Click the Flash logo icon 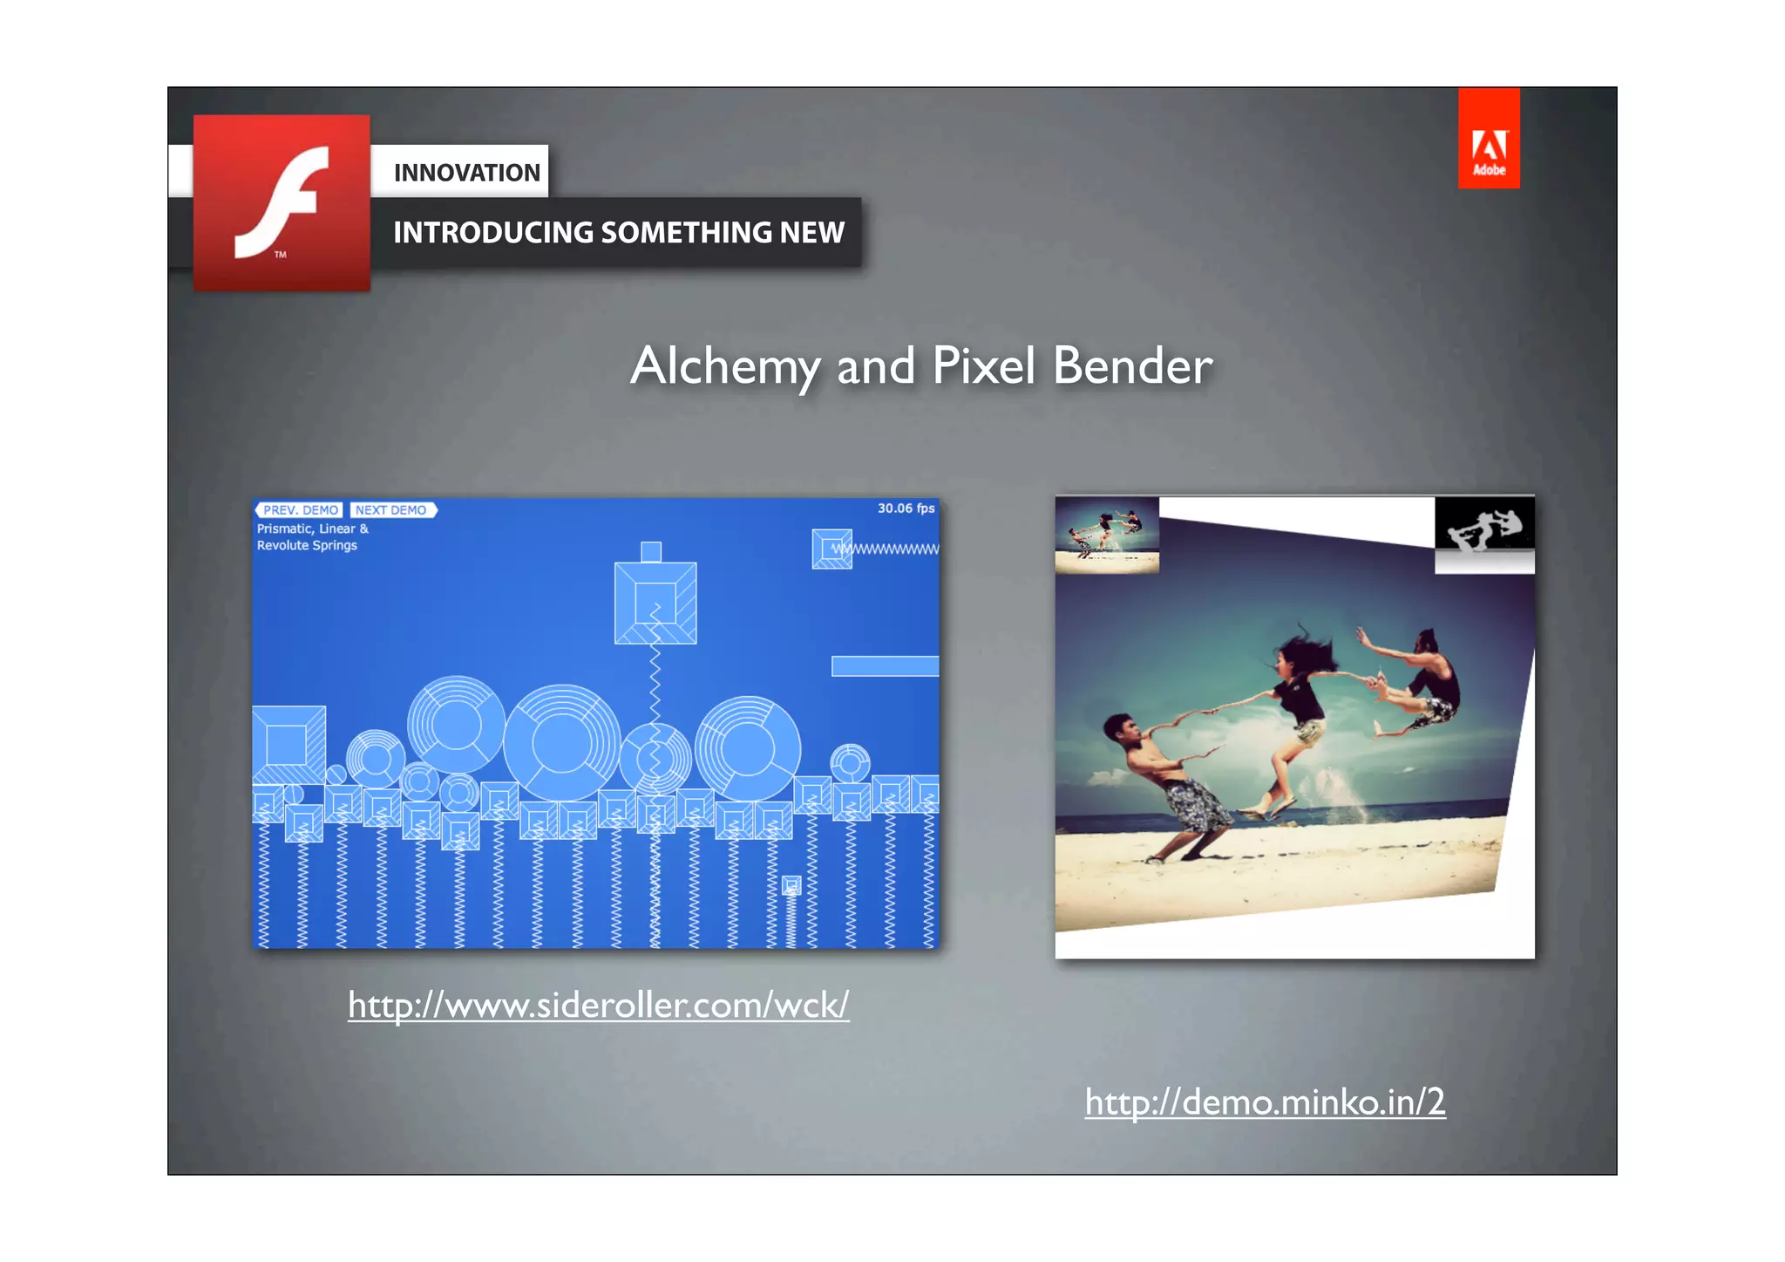282,202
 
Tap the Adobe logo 1489,139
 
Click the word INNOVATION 466,173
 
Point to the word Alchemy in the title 724,366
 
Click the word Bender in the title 1132,366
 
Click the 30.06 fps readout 906,508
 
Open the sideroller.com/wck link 598,1006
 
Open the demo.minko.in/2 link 1265,1102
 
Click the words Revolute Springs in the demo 307,546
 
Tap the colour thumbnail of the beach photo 1107,535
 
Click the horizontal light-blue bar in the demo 885,666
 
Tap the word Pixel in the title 984,366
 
